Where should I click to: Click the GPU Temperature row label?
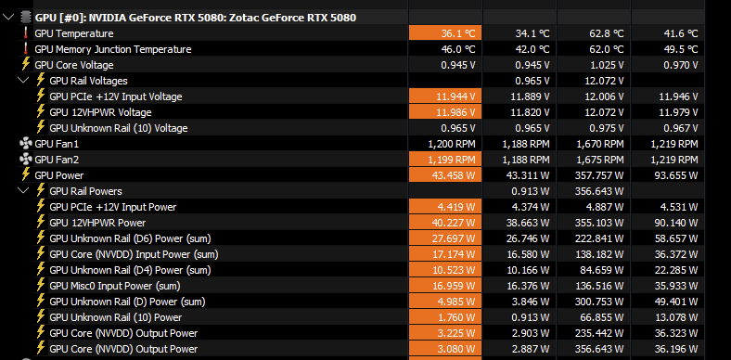pos(73,33)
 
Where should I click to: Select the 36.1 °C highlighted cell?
pos(445,33)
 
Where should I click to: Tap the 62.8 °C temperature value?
pos(606,33)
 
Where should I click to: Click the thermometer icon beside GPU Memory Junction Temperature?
pos(25,49)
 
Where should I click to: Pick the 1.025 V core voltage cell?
pos(607,65)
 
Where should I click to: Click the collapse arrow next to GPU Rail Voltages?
pos(23,80)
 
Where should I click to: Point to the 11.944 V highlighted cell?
pos(445,96)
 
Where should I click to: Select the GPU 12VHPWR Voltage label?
pos(100,112)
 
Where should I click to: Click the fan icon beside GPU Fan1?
pos(26,144)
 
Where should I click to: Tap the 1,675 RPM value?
pos(600,160)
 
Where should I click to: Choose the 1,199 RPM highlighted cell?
pos(445,160)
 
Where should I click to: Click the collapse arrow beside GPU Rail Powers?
pos(23,190)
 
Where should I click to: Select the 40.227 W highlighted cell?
pos(445,223)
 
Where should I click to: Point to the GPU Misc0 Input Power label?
pos(115,286)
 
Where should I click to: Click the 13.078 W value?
pos(676,317)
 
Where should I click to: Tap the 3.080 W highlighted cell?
pos(445,349)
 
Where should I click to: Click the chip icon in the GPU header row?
pos(26,18)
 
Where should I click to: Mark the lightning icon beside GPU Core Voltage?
pos(26,64)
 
